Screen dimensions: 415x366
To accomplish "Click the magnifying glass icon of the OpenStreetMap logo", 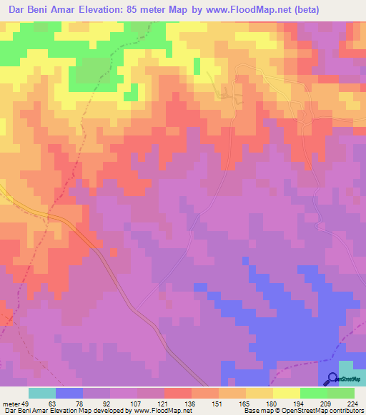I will tap(333, 379).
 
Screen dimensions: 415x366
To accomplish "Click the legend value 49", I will tap(28, 403).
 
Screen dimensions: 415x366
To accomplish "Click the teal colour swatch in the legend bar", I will tap(42, 393).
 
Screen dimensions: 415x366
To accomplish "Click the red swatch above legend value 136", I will tap(178, 393).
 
